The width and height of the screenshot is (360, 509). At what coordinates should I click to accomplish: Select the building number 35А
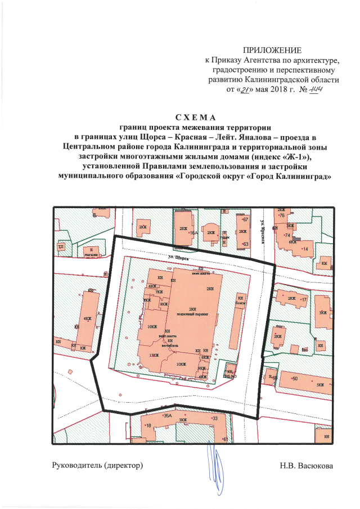tap(167, 416)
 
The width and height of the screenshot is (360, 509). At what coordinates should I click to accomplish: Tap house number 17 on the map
tap(304, 300)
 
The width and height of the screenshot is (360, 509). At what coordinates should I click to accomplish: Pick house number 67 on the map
tap(245, 219)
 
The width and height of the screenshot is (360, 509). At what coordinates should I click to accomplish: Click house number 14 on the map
tap(306, 248)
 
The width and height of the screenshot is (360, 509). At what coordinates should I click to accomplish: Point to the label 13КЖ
tap(153, 354)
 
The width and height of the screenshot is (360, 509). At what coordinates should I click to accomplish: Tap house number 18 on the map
tap(148, 426)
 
